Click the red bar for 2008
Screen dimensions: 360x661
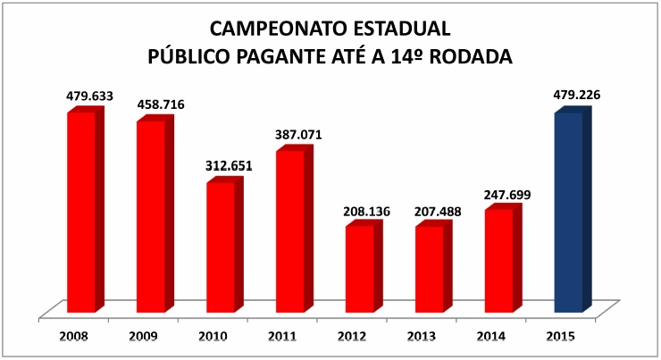pyautogui.click(x=81, y=213)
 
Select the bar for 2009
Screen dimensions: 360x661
pyautogui.click(x=151, y=216)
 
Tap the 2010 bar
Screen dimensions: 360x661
pyautogui.click(x=221, y=247)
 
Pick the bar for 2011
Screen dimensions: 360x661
pyautogui.click(x=290, y=232)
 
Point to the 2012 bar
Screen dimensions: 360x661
pyautogui.click(x=360, y=269)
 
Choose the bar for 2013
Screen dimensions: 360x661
pyautogui.click(x=430, y=270)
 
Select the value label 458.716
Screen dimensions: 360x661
pyautogui.click(x=161, y=105)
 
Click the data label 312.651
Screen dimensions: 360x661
pyautogui.click(x=230, y=165)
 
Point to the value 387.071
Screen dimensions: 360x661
pyautogui.click(x=299, y=135)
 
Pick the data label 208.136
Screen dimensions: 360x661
pyautogui.click(x=369, y=212)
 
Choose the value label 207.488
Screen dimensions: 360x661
pyautogui.click(x=439, y=212)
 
